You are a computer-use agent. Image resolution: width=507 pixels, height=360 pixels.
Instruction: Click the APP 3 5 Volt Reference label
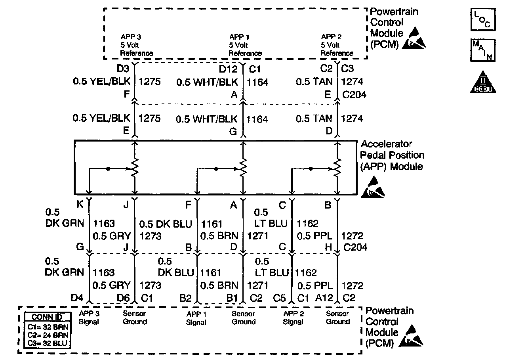(x=137, y=45)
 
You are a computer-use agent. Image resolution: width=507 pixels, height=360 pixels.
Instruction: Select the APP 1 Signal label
(x=196, y=318)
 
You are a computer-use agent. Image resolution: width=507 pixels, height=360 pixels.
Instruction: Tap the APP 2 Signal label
(x=293, y=318)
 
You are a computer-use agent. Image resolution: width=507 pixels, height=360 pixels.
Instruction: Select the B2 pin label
(x=185, y=297)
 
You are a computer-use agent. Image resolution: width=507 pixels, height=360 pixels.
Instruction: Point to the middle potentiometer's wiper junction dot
(x=216, y=169)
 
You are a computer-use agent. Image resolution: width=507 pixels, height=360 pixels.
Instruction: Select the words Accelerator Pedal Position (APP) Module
(x=392, y=155)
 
